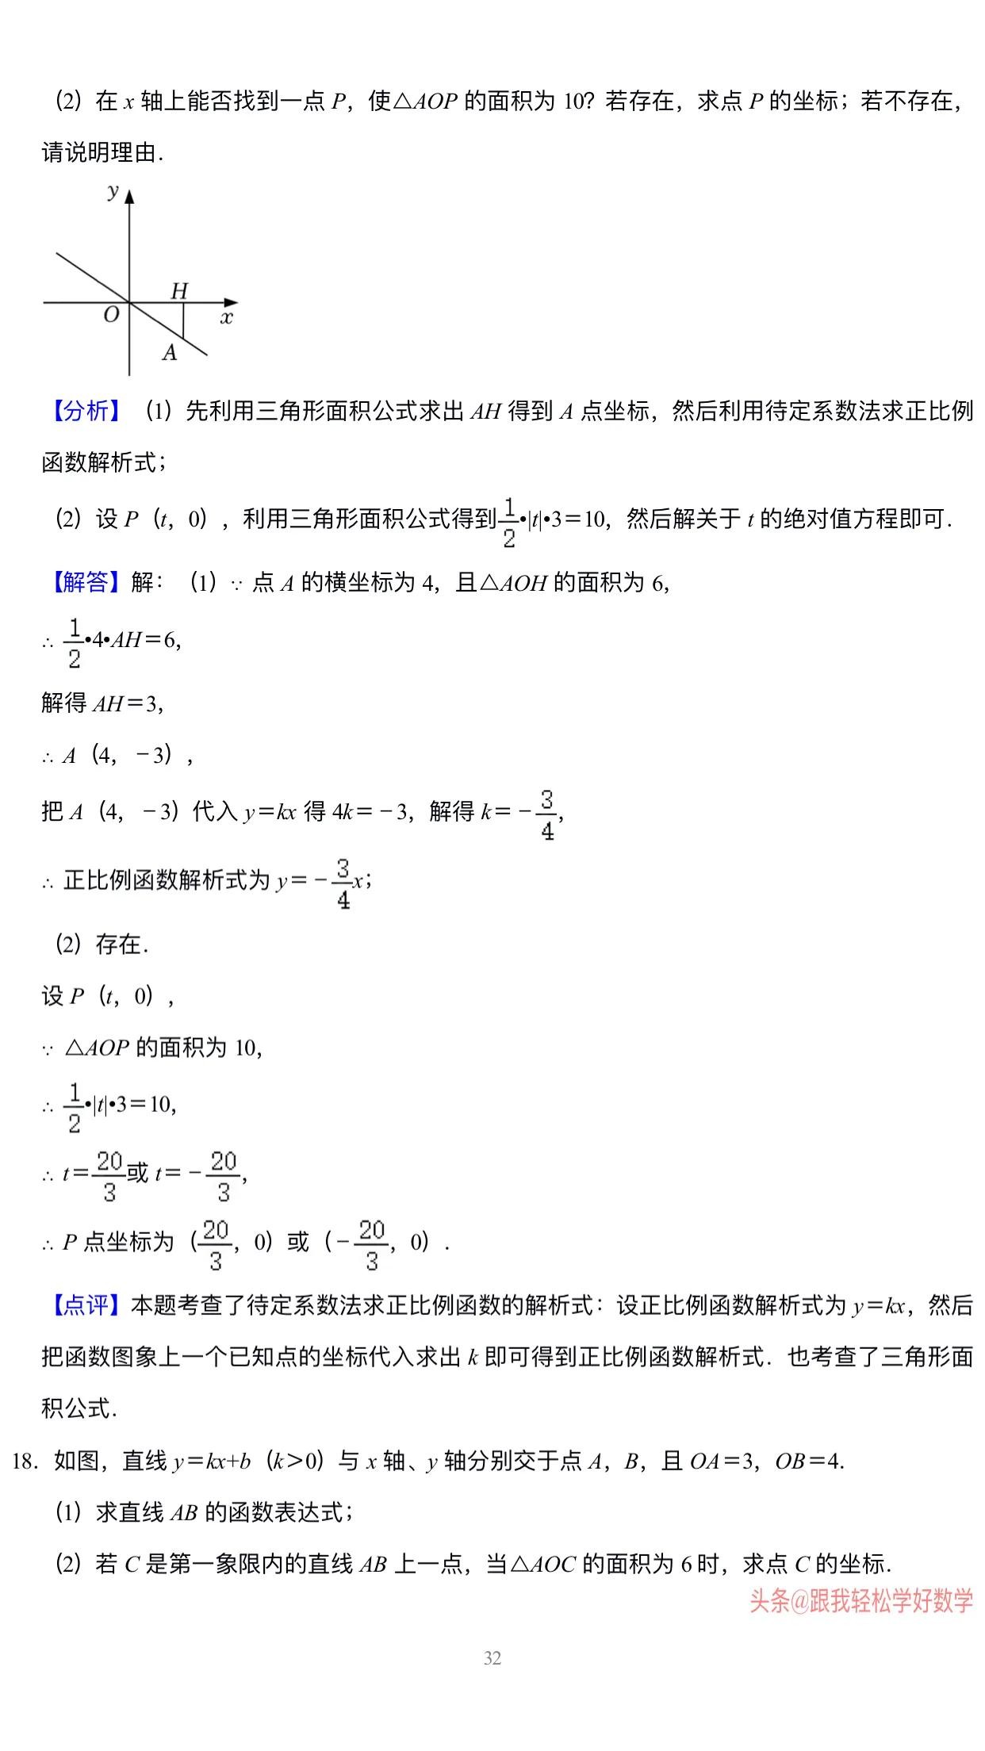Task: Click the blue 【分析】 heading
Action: click(x=86, y=411)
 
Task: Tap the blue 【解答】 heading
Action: click(x=86, y=583)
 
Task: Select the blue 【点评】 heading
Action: click(x=86, y=1305)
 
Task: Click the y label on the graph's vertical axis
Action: click(x=113, y=191)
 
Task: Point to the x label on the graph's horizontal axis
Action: click(x=227, y=318)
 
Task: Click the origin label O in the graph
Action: click(x=111, y=315)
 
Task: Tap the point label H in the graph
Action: click(x=180, y=291)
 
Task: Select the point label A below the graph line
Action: click(x=170, y=353)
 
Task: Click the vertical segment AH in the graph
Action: click(x=183, y=320)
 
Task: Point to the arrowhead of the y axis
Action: click(x=129, y=194)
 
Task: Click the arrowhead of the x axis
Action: click(x=231, y=302)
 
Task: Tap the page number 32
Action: click(x=492, y=1658)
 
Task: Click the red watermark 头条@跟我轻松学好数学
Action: click(x=861, y=1601)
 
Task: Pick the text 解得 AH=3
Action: click(x=102, y=703)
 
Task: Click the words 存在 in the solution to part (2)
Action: click(x=120, y=944)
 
